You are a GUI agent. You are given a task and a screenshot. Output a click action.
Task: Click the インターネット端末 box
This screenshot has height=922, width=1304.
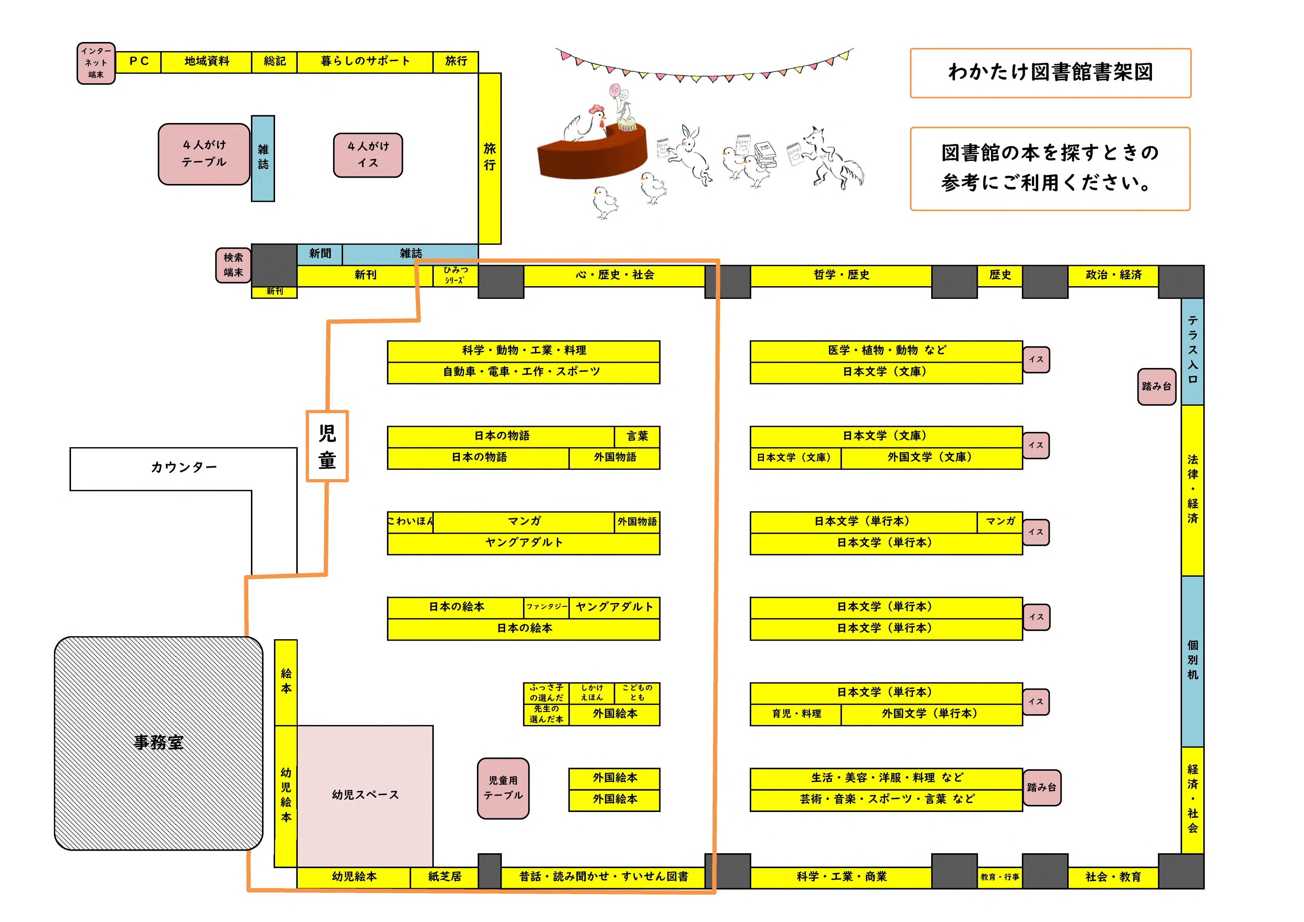pyautogui.click(x=96, y=63)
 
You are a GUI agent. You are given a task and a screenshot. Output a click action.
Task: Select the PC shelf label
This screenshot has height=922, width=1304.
pyautogui.click(x=139, y=61)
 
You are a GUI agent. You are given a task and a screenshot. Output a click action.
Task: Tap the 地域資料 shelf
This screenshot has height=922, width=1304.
pyautogui.click(x=206, y=61)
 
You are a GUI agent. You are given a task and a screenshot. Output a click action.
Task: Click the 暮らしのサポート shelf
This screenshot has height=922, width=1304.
pyautogui.click(x=365, y=61)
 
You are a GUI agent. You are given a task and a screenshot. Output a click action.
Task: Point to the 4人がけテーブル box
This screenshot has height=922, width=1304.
pyautogui.click(x=204, y=154)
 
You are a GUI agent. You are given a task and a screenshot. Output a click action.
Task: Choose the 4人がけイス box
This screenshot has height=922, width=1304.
pyautogui.click(x=368, y=155)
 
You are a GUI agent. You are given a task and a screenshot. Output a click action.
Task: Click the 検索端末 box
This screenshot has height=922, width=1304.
pyautogui.click(x=233, y=265)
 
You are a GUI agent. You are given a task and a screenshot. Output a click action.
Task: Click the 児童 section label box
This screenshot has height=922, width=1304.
pyautogui.click(x=327, y=446)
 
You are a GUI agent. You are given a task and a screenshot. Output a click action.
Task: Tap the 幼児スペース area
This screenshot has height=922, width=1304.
pyautogui.click(x=365, y=795)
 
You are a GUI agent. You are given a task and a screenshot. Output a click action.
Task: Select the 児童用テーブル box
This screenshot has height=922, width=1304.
pyautogui.click(x=503, y=789)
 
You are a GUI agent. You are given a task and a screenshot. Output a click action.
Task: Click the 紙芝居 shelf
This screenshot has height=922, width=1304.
pyautogui.click(x=444, y=877)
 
